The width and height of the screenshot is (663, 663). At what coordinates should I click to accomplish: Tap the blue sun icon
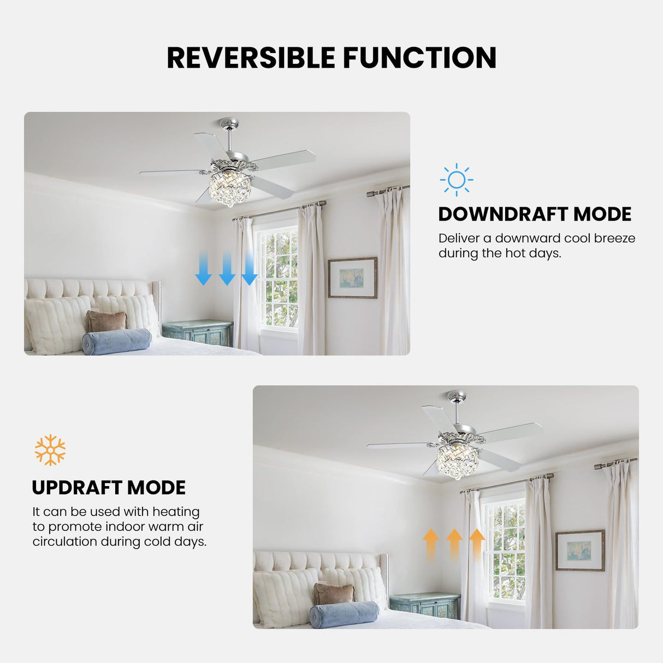coord(456,180)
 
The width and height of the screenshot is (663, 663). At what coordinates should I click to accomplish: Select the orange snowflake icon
coord(50,450)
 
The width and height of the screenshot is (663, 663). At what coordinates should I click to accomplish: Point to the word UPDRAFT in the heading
coord(76,488)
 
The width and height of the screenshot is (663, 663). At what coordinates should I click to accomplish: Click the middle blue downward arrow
coord(227,268)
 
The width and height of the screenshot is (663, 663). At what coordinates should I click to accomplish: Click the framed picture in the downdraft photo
coord(352,277)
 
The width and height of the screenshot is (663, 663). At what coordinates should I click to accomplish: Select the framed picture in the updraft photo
coord(580,550)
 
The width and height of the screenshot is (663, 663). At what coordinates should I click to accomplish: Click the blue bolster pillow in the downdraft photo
coord(116,341)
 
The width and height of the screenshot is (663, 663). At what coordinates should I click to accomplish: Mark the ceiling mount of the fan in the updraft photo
coord(457,394)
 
